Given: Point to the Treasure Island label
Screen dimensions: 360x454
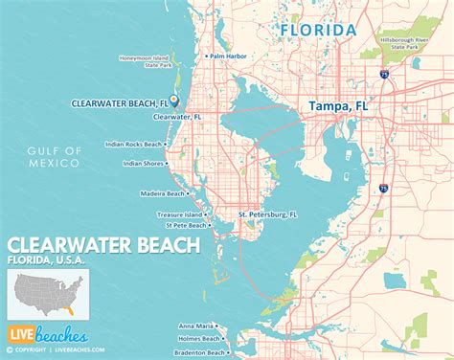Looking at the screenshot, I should coord(179,214).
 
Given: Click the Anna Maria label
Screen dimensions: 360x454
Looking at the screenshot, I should coord(195,326).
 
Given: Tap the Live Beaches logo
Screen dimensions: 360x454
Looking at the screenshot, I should coord(48,335).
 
